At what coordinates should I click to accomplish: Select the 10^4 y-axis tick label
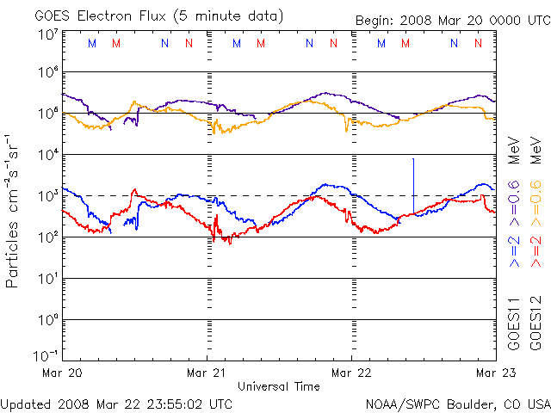tap(46, 155)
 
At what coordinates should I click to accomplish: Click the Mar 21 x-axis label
tap(207, 373)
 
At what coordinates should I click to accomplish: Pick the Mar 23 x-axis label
tap(495, 373)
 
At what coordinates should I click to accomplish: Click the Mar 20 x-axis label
tap(63, 373)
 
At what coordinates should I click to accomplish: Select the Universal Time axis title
tap(278, 386)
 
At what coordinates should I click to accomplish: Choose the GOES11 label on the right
tap(514, 325)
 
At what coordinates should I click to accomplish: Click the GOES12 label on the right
tap(535, 325)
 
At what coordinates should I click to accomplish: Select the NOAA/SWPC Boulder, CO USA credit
tap(458, 403)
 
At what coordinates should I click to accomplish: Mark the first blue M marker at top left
tap(92, 43)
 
